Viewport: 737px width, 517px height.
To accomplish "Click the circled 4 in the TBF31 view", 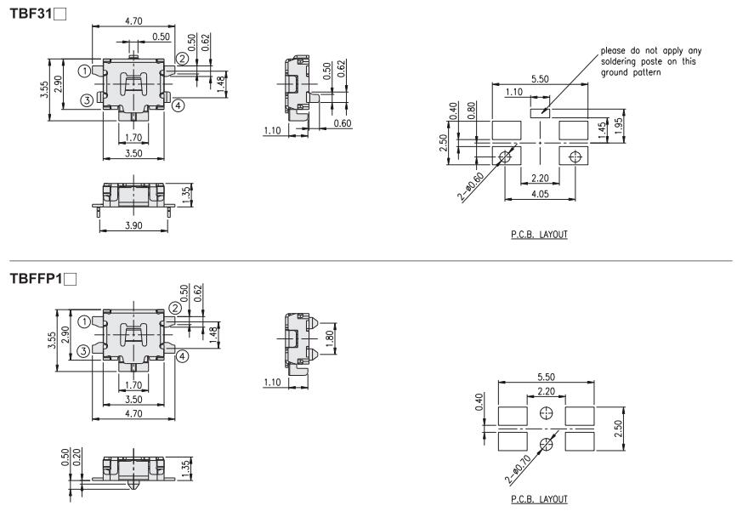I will [177, 106].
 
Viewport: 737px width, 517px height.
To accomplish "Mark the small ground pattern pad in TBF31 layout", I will [539, 111].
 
